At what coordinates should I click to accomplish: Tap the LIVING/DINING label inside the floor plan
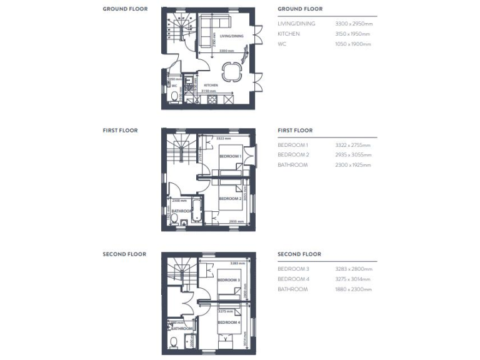(x=232, y=36)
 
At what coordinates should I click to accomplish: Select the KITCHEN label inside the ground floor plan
(x=209, y=84)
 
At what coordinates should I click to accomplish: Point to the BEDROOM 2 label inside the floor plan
(x=229, y=199)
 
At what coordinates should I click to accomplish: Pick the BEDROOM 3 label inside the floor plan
(x=228, y=280)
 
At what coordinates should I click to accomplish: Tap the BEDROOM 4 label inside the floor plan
(x=228, y=321)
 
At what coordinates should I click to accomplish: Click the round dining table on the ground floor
(x=232, y=73)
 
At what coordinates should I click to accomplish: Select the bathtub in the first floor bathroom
(x=197, y=210)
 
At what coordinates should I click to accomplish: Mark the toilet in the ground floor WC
(x=172, y=96)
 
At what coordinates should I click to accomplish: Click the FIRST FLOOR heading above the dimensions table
(x=295, y=131)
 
